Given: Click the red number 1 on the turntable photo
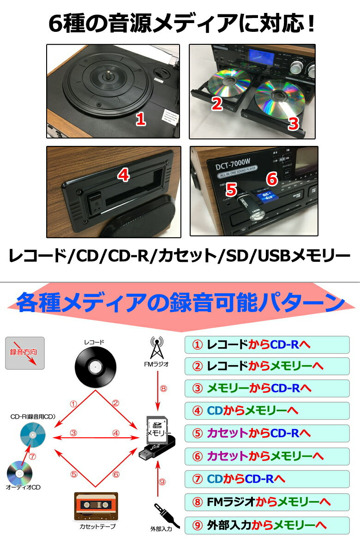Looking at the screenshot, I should pyautogui.click(x=141, y=120).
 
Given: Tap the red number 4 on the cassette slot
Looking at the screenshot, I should pyautogui.click(x=123, y=175).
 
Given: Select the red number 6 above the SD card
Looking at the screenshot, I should pyautogui.click(x=272, y=178).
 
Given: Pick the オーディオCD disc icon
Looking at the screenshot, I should pyautogui.click(x=19, y=473).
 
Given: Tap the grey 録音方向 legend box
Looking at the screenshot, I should pyautogui.click(x=25, y=353).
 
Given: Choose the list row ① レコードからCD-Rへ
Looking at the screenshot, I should pyautogui.click(x=267, y=344).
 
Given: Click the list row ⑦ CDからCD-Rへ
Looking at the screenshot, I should pyautogui.click(x=267, y=478).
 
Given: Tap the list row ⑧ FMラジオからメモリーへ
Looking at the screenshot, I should pyautogui.click(x=267, y=500).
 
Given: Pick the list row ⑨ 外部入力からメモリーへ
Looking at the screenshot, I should pyautogui.click(x=267, y=524).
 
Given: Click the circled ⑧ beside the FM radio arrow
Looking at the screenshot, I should pyautogui.click(x=162, y=388).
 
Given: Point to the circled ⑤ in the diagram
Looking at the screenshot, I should pyautogui.click(x=73, y=474).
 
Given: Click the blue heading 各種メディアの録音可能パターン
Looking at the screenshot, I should pyautogui.click(x=180, y=303).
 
